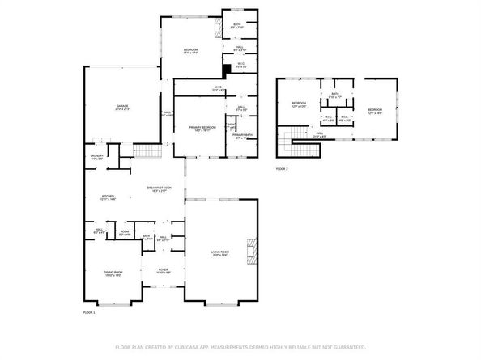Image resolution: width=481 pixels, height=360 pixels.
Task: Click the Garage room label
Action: (122, 108)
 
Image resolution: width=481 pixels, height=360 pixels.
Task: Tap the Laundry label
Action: (96, 157)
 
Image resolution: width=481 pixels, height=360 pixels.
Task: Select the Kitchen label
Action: (109, 197)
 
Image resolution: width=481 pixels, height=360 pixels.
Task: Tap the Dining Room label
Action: (113, 273)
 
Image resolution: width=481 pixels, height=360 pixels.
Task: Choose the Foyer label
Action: (163, 270)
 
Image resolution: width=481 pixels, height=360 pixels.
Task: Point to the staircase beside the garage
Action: (146, 150)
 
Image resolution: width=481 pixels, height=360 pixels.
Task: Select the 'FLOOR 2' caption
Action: (282, 168)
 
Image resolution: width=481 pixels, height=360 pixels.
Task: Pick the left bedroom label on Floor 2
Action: (299, 104)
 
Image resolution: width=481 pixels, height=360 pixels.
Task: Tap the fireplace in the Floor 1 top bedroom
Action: (216, 33)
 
